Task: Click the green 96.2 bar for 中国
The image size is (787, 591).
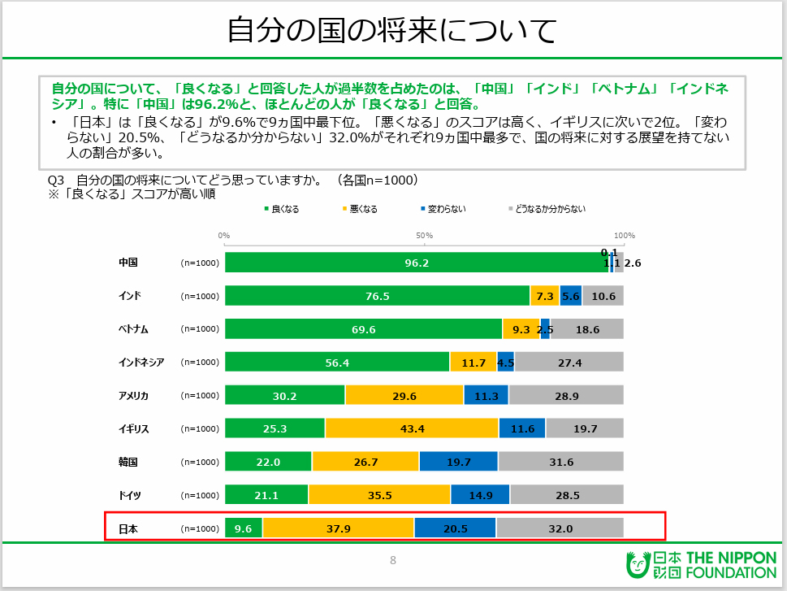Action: tap(417, 263)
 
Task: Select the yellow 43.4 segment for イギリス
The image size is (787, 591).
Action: tap(412, 428)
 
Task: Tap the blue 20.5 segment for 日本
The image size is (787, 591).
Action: tap(455, 528)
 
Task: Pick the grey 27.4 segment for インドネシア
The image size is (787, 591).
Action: tap(569, 363)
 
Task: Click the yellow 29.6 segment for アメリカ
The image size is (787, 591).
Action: tap(404, 395)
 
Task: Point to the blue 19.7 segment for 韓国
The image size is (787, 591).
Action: tap(458, 462)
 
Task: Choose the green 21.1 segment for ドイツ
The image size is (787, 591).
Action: tap(266, 494)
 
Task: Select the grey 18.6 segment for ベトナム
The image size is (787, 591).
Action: tap(586, 329)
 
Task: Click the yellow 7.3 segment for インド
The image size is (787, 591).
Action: tap(544, 296)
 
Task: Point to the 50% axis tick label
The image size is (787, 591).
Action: tap(424, 235)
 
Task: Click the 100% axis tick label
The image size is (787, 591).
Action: tap(624, 235)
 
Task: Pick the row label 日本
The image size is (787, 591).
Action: tap(128, 528)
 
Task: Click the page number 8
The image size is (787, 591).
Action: tap(393, 560)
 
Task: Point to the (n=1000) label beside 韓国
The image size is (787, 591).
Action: tap(200, 462)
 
